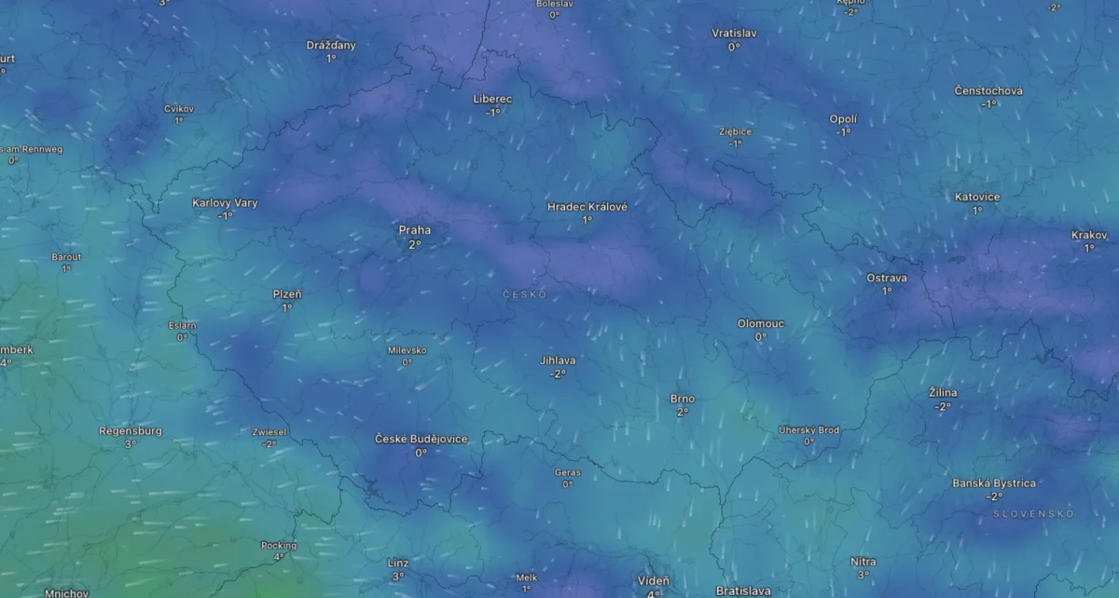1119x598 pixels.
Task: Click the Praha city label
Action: (x=415, y=230)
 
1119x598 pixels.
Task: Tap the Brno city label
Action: (x=683, y=399)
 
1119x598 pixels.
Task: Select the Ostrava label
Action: (x=887, y=278)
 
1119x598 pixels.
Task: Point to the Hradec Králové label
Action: (x=587, y=207)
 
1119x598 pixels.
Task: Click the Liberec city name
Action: (x=493, y=99)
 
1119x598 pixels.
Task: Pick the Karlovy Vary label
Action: (x=226, y=203)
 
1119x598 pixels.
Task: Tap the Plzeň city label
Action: (x=287, y=294)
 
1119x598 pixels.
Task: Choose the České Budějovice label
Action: (x=421, y=439)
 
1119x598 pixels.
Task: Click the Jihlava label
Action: (x=558, y=360)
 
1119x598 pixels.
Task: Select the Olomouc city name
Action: (x=761, y=323)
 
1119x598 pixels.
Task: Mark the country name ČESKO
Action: (x=524, y=294)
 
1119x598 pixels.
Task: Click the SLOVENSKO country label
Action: (x=1033, y=513)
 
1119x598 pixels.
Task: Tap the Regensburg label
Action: (x=131, y=431)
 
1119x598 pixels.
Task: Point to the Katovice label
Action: (x=977, y=197)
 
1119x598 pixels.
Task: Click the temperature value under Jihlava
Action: (x=558, y=374)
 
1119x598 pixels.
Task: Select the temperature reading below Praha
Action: (x=415, y=244)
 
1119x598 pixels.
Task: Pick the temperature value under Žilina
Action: (x=943, y=407)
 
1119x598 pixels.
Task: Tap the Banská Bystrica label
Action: (x=994, y=483)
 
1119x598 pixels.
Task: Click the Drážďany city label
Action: (x=331, y=45)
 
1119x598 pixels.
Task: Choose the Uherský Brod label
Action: (x=809, y=429)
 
